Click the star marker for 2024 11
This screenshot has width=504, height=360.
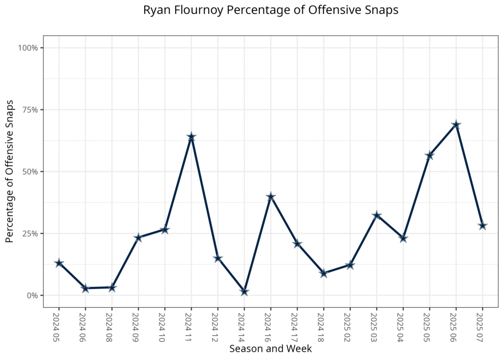pyautogui.click(x=191, y=137)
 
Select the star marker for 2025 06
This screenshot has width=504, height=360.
pyautogui.click(x=456, y=125)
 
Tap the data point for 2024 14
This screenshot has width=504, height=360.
pyautogui.click(x=244, y=292)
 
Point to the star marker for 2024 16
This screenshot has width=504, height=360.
pyautogui.click(x=270, y=197)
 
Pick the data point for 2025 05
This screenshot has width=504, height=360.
pyautogui.click(x=429, y=156)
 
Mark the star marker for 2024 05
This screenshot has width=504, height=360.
pyautogui.click(x=59, y=263)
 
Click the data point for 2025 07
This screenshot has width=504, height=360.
pyautogui.click(x=482, y=226)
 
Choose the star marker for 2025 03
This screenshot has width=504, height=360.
pyautogui.click(x=377, y=215)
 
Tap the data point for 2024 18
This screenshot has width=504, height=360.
pyautogui.click(x=323, y=273)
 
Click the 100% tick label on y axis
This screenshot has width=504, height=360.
pyautogui.click(x=29, y=48)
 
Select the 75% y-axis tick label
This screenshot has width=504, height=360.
pyautogui.click(x=31, y=110)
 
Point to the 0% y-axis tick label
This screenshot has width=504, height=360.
pyautogui.click(x=32, y=295)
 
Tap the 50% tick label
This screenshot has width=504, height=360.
pyautogui.click(x=31, y=172)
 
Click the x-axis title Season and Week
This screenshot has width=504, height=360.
pyautogui.click(x=270, y=349)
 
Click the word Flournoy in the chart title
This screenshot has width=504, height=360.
pyautogui.click(x=189, y=10)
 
